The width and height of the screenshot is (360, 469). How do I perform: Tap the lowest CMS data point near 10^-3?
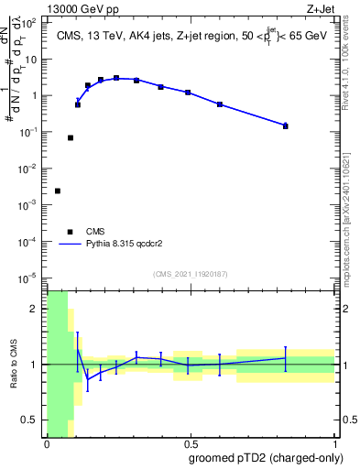coord(58,191)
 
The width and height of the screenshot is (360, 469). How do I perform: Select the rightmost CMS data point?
coord(286,126)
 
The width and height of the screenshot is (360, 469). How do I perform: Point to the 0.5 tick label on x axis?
coord(191,444)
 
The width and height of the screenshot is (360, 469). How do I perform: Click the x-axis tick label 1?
coord(335,444)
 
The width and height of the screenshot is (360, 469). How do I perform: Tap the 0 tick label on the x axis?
coord(47,444)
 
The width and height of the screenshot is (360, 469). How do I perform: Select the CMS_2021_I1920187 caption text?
coord(190,274)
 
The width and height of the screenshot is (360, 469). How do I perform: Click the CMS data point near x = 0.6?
coord(220,104)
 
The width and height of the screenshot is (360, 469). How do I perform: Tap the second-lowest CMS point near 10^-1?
coord(71,137)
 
